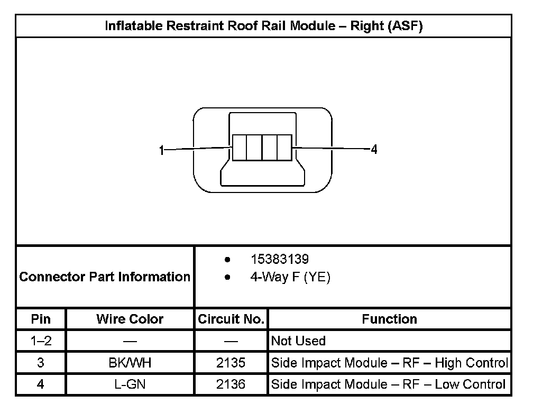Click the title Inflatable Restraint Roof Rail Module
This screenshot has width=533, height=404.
coord(263,26)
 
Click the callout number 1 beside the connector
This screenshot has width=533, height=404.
coord(162,150)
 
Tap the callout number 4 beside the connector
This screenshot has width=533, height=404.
coord(374,150)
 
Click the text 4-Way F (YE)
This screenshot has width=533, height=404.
coord(290,277)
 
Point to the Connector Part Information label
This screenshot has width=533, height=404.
coord(105,277)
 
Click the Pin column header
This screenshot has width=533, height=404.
coord(41,319)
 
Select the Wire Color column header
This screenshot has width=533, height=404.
coord(130,319)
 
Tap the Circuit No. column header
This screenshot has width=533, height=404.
coord(231,319)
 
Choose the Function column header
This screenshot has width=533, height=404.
coord(389,319)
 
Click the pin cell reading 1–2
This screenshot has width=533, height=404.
coord(41,341)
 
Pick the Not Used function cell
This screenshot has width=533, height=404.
coord(298,341)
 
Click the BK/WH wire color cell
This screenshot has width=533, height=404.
coord(130,363)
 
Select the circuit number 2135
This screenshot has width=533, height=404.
coord(231,363)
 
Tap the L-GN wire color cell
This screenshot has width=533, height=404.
coord(130,384)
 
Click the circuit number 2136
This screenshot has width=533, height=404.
coord(231,384)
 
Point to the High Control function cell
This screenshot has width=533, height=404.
coord(389,363)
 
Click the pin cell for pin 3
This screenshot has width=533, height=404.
coord(41,363)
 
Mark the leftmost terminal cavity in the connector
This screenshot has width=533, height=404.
coord(240,147)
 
